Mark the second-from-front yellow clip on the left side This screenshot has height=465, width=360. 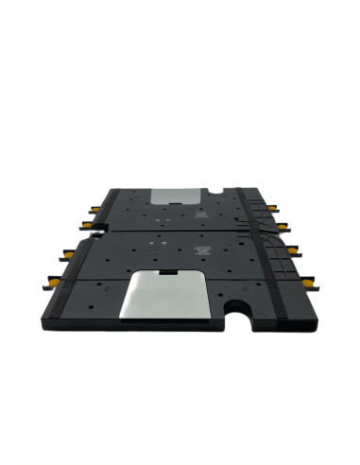point(68,252)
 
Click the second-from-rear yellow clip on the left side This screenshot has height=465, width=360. point(85,224)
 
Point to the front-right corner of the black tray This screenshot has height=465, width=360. point(315,319)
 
